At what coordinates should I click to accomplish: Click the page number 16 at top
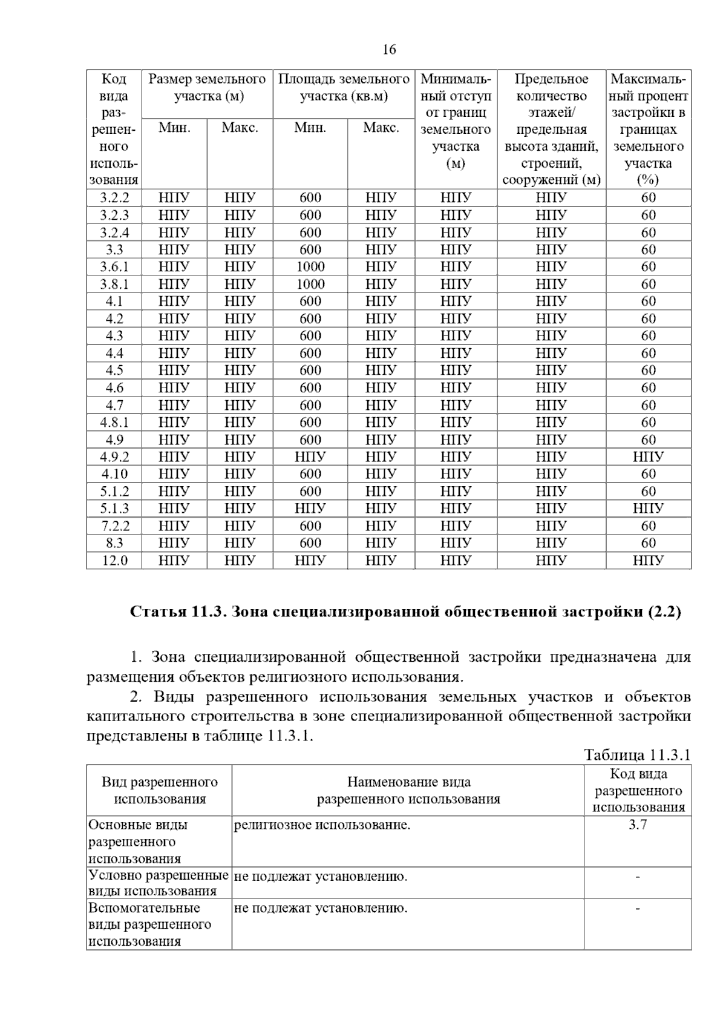click(x=389, y=50)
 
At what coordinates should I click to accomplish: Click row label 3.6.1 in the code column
click(x=114, y=267)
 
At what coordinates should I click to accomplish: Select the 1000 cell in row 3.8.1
click(x=310, y=284)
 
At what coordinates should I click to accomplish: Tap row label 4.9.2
click(x=114, y=456)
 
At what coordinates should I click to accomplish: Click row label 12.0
click(x=114, y=561)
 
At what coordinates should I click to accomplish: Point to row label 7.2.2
click(x=114, y=526)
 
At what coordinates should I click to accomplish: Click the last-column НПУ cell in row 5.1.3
click(x=648, y=509)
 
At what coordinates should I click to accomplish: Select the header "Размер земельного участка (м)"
click(x=207, y=88)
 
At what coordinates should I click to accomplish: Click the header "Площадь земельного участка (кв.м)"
click(x=344, y=88)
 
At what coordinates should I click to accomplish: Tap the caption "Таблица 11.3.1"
click(x=637, y=755)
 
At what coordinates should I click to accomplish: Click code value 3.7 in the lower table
click(x=638, y=825)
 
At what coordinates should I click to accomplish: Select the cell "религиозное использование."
click(x=322, y=825)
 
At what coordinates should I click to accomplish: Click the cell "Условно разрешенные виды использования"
click(x=159, y=883)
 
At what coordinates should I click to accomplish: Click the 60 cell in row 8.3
click(x=648, y=543)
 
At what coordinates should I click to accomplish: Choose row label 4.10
click(x=114, y=474)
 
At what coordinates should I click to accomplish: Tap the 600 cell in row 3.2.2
click(x=310, y=198)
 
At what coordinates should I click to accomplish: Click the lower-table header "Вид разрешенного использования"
click(x=159, y=790)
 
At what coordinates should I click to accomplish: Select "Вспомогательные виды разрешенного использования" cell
click(x=150, y=924)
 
